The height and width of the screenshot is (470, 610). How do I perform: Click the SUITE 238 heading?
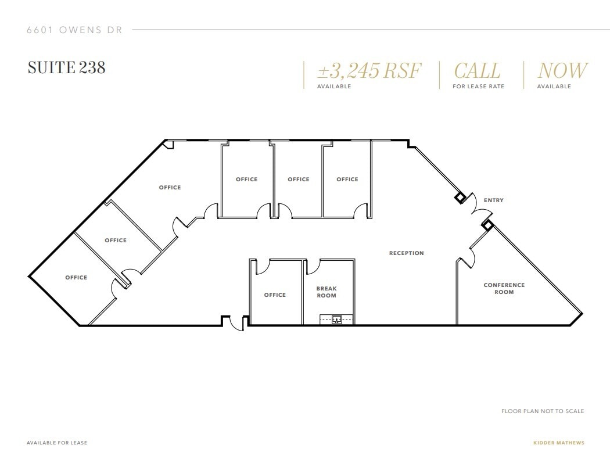click(66, 67)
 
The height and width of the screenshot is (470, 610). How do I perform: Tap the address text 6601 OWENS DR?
click(74, 30)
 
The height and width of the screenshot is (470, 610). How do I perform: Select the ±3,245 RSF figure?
click(369, 71)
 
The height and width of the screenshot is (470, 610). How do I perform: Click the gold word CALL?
click(477, 71)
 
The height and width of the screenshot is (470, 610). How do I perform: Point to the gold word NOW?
click(562, 71)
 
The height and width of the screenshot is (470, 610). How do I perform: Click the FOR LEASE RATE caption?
click(478, 87)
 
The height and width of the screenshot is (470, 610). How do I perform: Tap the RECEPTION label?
click(406, 253)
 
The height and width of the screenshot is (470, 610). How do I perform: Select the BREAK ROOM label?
click(326, 292)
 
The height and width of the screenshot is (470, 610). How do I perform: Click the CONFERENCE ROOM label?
click(504, 288)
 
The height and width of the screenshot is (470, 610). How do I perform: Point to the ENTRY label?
click(493, 200)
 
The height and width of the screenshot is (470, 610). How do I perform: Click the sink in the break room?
click(336, 319)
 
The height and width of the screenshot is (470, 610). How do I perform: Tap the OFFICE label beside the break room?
click(275, 295)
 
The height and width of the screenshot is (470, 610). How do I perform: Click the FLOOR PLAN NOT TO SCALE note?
click(543, 411)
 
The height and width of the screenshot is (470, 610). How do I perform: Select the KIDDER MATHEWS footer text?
click(558, 443)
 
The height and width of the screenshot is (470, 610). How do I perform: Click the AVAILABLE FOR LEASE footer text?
click(57, 443)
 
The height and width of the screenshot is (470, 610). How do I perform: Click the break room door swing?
click(313, 266)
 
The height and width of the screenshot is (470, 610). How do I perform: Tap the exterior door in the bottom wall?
click(236, 323)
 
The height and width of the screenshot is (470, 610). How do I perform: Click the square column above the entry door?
click(460, 198)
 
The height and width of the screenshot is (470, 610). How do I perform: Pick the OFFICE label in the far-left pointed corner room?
click(76, 278)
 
